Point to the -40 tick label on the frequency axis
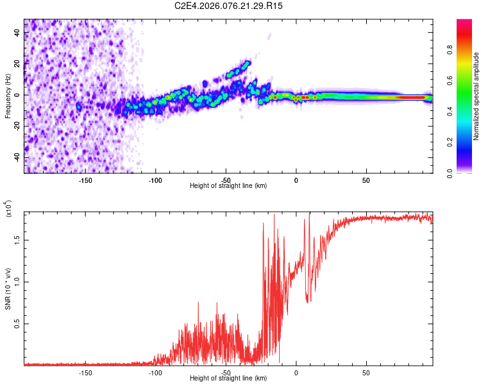pyautogui.click(x=18, y=157)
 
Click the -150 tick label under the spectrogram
pyautogui.click(x=85, y=180)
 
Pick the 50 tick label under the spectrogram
pyautogui.click(x=366, y=180)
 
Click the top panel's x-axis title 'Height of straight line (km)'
pyautogui.click(x=228, y=186)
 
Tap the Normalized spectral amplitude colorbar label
pyautogui.click(x=477, y=96)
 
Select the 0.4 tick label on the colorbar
pyautogui.click(x=467, y=111)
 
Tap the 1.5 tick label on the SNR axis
pyautogui.click(x=18, y=239)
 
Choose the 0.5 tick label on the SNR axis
pyautogui.click(x=18, y=324)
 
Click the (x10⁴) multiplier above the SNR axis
pyautogui.click(x=8, y=208)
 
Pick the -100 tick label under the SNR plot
pyautogui.click(x=155, y=372)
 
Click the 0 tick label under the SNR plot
pyautogui.click(x=296, y=372)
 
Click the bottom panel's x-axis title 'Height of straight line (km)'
pyautogui.click(x=228, y=379)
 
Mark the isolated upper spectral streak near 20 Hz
pyautogui.click(x=238, y=68)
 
